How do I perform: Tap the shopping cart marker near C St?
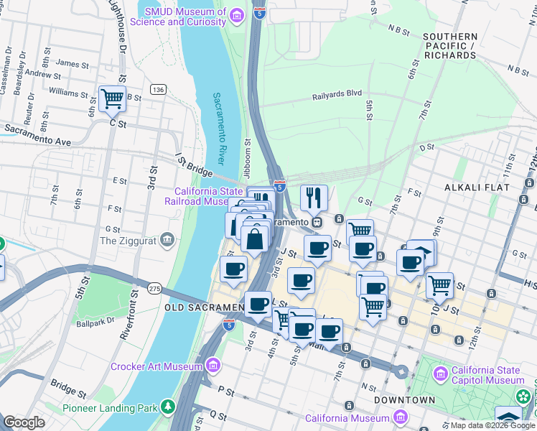(x=112, y=99)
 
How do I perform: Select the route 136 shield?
(x=158, y=88)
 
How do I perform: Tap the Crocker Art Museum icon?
(x=213, y=366)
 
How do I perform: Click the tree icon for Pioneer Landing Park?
(x=168, y=407)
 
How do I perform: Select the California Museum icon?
(x=400, y=417)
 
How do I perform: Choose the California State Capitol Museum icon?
(x=441, y=374)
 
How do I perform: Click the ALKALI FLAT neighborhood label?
(x=477, y=187)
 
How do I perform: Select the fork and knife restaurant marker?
(x=313, y=198)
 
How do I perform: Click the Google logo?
(x=24, y=422)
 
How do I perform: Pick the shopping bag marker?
(x=255, y=238)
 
